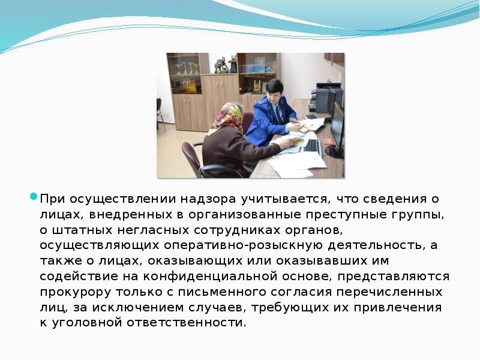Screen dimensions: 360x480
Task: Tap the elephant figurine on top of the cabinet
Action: tap(221, 64)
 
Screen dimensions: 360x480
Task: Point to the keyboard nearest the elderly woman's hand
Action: tap(312, 146)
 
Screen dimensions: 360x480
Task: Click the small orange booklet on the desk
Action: tap(328, 142)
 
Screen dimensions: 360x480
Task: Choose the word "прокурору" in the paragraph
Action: tap(73, 292)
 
